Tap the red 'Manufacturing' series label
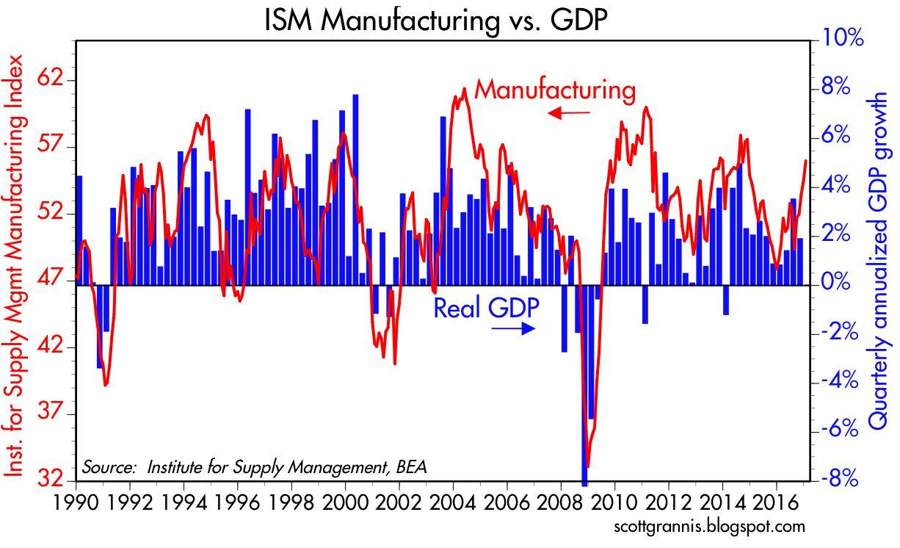[554, 90]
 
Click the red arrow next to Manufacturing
[569, 113]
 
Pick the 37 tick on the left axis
[51, 414]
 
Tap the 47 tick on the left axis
[51, 281]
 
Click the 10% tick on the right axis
[835, 39]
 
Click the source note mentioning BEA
[254, 467]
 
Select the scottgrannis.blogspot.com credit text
[708, 527]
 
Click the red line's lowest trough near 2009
[587, 466]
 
